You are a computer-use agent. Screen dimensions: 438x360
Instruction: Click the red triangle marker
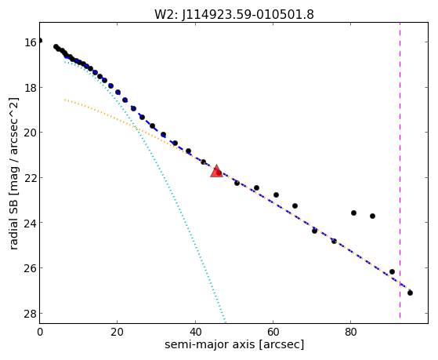click(x=216, y=171)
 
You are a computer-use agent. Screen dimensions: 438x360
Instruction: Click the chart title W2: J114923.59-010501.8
click(x=234, y=15)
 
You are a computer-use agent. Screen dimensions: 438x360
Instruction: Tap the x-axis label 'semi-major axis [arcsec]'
click(x=234, y=344)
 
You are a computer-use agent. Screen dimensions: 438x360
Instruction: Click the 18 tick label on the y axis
click(x=31, y=88)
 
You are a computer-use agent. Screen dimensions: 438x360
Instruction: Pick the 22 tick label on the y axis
click(x=31, y=178)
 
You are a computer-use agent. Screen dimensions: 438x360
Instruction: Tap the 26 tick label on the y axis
click(x=31, y=268)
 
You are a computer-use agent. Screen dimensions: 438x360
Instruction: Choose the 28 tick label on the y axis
click(x=31, y=313)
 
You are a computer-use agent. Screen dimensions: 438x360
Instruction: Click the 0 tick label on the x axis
click(x=40, y=333)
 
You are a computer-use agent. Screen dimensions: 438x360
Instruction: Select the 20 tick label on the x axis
click(x=118, y=333)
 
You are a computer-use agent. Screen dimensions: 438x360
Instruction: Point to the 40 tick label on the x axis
click(x=195, y=333)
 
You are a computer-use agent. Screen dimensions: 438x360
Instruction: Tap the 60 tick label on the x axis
click(x=273, y=333)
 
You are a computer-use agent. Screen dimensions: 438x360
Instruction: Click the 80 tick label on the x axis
click(x=350, y=333)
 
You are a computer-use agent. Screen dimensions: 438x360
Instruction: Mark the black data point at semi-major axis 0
click(x=40, y=41)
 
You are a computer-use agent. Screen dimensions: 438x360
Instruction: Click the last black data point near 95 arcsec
click(x=410, y=293)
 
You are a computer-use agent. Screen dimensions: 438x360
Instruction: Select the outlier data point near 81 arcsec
click(x=353, y=213)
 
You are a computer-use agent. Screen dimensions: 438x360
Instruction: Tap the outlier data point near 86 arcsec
click(x=372, y=216)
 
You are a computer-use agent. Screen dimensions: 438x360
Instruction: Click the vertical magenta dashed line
click(x=400, y=170)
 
